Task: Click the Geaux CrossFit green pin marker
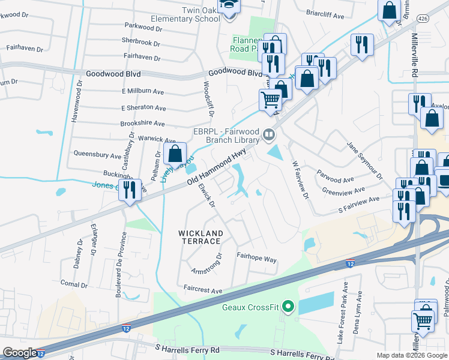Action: (288, 308)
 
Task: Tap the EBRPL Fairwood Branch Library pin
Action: (270, 134)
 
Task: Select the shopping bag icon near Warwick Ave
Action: (175, 154)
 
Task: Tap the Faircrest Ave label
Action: (203, 290)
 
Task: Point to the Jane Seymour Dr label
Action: (365, 161)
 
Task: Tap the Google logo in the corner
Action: (20, 353)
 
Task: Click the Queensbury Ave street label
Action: (97, 155)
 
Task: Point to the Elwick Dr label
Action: (206, 195)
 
